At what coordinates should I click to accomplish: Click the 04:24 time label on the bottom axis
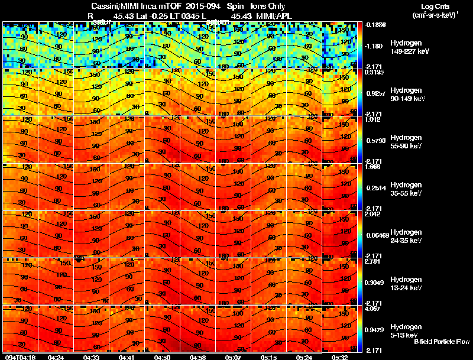click(56, 356)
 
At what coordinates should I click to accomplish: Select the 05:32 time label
click(339, 356)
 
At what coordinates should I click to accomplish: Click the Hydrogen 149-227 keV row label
click(406, 48)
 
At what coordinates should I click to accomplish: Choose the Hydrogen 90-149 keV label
click(406, 95)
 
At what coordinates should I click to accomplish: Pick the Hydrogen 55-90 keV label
click(406, 142)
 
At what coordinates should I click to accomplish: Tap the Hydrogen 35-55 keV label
click(406, 189)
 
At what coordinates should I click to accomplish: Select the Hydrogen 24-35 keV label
click(406, 236)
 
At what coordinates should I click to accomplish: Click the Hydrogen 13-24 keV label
click(406, 284)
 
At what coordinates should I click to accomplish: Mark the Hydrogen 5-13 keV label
click(406, 330)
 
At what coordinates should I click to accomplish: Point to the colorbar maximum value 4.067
click(373, 309)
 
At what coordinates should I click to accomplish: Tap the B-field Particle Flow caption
click(441, 342)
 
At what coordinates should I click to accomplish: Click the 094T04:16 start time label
click(20, 356)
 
